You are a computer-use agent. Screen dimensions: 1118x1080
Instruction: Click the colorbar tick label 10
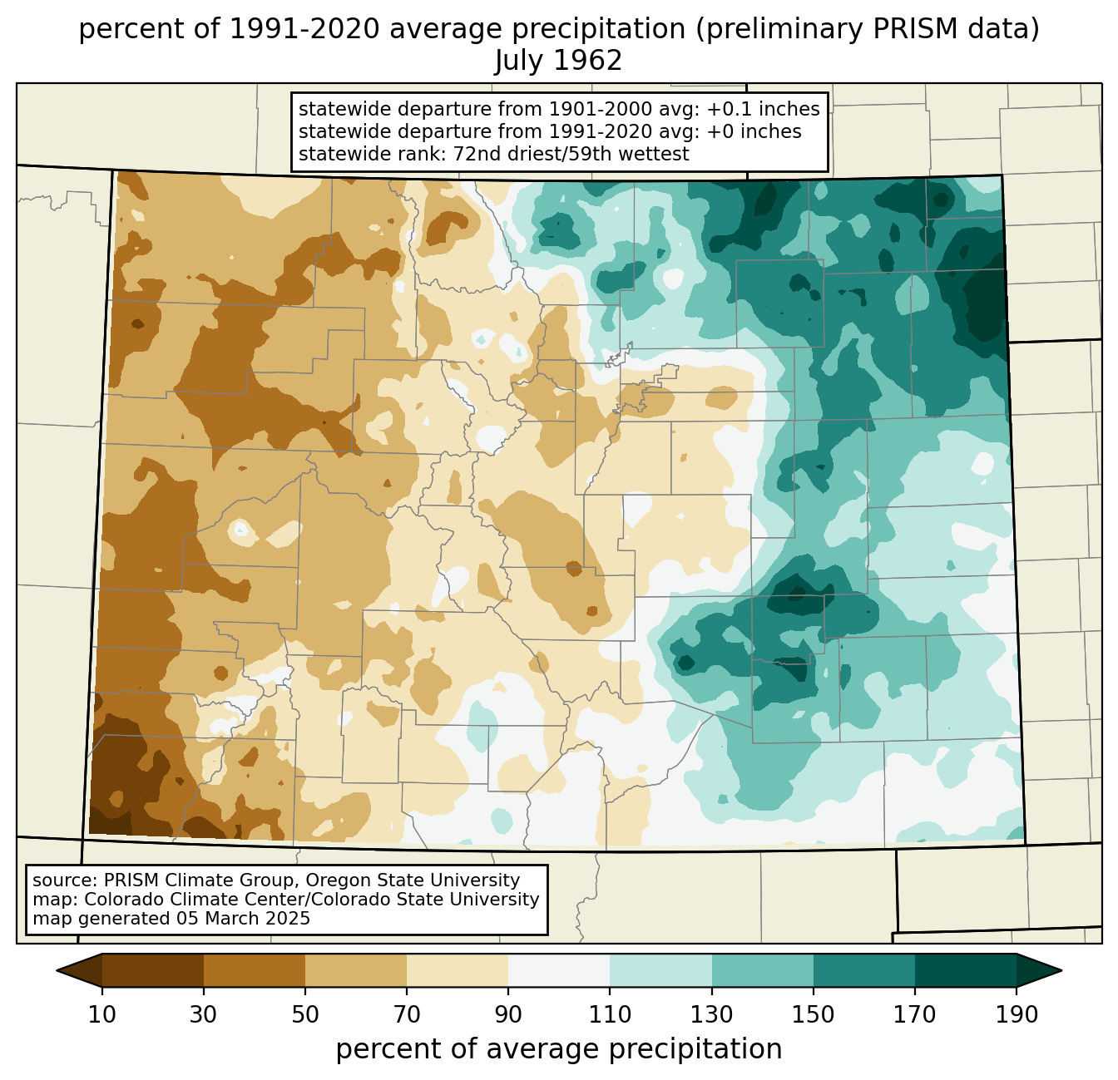pos(101,1014)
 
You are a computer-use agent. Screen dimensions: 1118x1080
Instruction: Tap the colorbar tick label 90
pos(508,1014)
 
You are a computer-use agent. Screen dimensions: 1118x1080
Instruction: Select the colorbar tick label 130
pos(711,1014)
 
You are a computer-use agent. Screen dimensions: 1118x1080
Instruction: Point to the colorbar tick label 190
pos(1017,1014)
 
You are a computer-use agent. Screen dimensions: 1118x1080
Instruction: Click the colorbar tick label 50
pos(305,1014)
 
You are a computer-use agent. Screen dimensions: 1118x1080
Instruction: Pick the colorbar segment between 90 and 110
pos(559,970)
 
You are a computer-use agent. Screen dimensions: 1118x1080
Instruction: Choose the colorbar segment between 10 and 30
pos(153,970)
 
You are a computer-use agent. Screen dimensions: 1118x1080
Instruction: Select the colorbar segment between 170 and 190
pos(965,970)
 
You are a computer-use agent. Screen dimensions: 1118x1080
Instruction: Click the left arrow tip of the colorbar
pos(57,970)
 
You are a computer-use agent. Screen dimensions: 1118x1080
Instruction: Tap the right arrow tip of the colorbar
pos(1061,970)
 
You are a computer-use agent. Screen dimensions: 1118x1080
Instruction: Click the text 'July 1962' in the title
pos(558,61)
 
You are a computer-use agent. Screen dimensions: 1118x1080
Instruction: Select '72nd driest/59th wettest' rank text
pos(571,154)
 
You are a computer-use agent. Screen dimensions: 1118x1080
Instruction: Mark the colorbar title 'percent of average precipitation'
pos(558,1048)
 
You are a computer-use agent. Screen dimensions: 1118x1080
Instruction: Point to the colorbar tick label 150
pos(813,1014)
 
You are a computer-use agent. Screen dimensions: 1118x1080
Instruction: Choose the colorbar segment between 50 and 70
pos(356,970)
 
